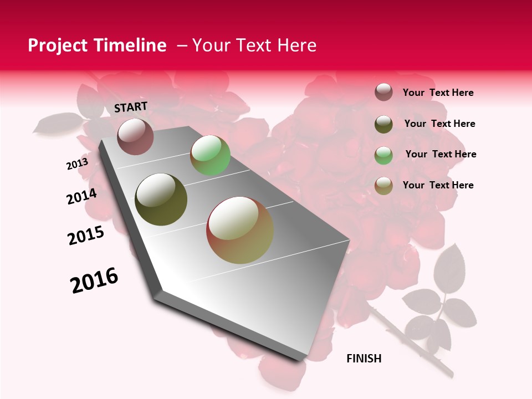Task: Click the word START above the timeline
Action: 131,107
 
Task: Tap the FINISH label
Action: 364,359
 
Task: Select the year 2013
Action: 77,164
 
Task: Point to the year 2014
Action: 81,197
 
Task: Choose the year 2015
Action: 85,236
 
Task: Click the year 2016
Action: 94,280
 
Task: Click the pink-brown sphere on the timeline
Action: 135,136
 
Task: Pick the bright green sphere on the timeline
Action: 210,155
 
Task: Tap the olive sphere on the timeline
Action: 161,199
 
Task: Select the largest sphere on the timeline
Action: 240,230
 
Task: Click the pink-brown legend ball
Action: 383,92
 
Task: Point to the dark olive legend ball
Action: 383,124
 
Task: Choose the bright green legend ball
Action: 383,155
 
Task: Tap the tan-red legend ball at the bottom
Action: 383,186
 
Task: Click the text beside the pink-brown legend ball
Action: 438,93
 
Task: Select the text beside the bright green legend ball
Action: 441,154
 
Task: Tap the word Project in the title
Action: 57,45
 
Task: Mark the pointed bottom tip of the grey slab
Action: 303,359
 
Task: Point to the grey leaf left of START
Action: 58,124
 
